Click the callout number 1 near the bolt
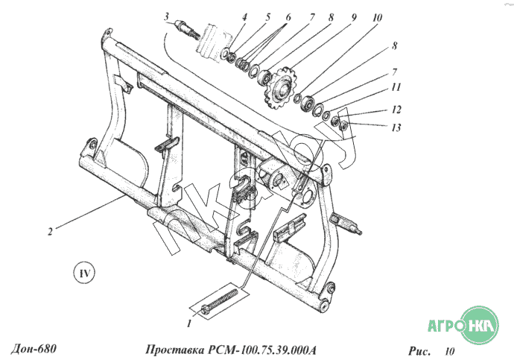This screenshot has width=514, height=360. (189, 324)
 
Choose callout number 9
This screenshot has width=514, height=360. (353, 15)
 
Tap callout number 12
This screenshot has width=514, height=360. (396, 109)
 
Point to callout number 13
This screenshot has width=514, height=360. (396, 127)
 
